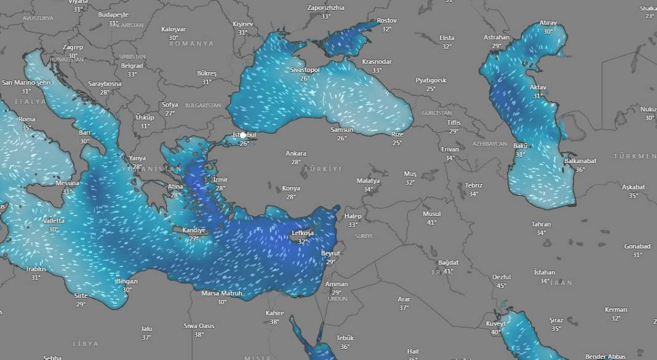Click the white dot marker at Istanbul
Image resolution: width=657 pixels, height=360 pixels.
click(x=243, y=135)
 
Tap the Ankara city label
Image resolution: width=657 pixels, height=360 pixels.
click(x=296, y=153)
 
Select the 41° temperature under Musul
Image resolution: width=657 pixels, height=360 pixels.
click(x=431, y=222)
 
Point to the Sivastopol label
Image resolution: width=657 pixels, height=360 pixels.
click(x=305, y=70)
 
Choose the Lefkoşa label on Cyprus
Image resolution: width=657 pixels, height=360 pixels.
click(x=303, y=233)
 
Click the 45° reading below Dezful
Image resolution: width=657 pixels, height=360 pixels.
click(x=501, y=286)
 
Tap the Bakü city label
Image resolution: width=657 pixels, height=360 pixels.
click(x=520, y=145)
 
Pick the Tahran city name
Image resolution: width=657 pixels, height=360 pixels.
click(x=541, y=225)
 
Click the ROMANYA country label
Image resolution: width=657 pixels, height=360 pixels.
click(x=191, y=44)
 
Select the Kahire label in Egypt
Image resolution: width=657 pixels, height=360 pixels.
click(x=274, y=313)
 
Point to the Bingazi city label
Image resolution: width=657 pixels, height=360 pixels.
click(x=127, y=281)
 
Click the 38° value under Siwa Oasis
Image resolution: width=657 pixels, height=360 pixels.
click(x=199, y=334)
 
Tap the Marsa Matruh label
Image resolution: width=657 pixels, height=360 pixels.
click(x=221, y=294)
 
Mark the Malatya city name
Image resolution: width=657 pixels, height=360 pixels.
click(x=368, y=181)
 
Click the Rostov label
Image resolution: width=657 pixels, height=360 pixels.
click(x=386, y=20)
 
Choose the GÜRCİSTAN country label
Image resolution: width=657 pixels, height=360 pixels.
click(x=437, y=113)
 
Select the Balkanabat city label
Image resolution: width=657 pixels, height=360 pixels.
click(x=580, y=161)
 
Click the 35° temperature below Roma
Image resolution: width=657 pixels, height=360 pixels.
click(x=27, y=127)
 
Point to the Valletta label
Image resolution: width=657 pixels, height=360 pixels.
click(x=54, y=220)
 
